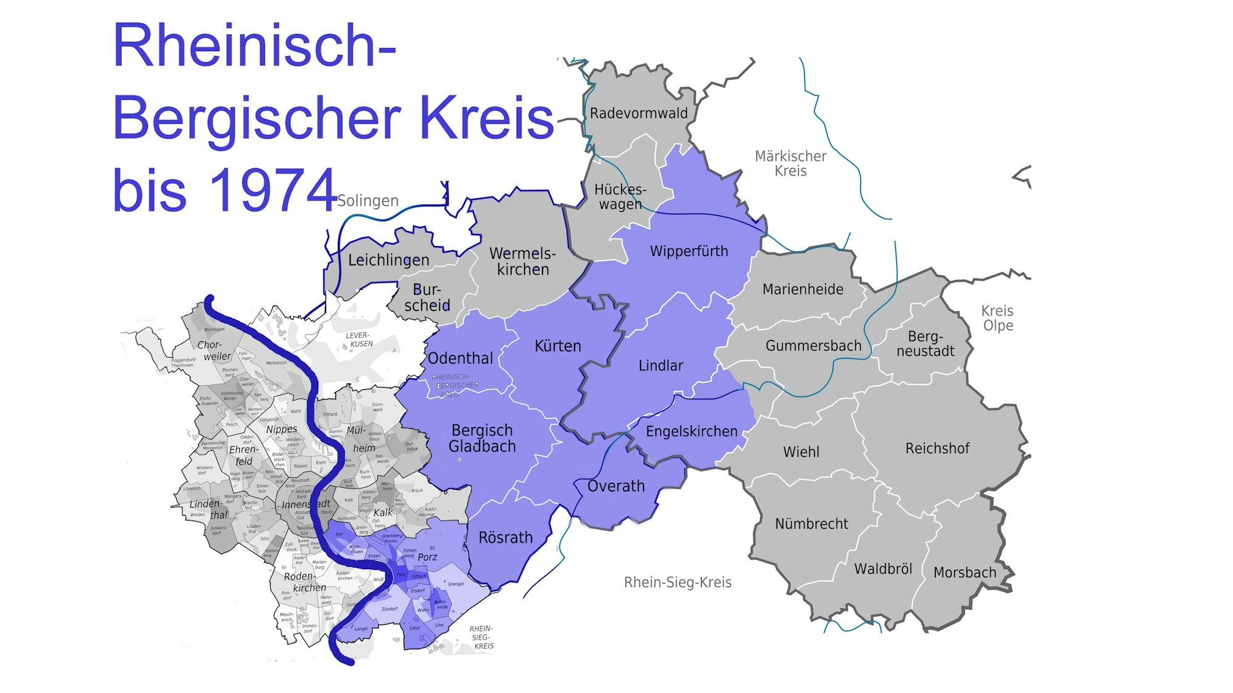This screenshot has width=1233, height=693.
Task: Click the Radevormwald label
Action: point(639,113)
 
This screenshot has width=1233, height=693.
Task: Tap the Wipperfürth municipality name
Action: point(689,251)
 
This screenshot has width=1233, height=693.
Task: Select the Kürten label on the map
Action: point(557,346)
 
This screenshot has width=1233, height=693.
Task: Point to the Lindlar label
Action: point(660,366)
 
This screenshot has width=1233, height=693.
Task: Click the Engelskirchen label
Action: point(691,431)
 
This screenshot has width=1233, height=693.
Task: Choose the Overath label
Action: point(616,486)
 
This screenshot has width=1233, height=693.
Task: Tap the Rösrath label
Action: point(506,538)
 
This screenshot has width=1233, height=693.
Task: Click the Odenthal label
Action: point(461,359)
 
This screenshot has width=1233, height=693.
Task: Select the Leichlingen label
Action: point(388,260)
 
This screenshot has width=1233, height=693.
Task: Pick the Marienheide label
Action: point(803,290)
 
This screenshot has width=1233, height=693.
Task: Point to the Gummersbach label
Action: point(813,346)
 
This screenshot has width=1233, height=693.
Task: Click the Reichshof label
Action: point(937,448)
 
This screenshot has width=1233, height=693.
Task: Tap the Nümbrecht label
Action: point(811,524)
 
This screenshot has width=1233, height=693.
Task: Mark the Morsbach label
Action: point(964,573)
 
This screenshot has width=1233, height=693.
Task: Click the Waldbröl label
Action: point(883,569)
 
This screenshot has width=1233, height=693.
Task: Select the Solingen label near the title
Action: point(368,201)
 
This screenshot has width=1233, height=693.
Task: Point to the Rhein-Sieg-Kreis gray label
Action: point(678,583)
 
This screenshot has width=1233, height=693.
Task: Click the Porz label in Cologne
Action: point(427,557)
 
